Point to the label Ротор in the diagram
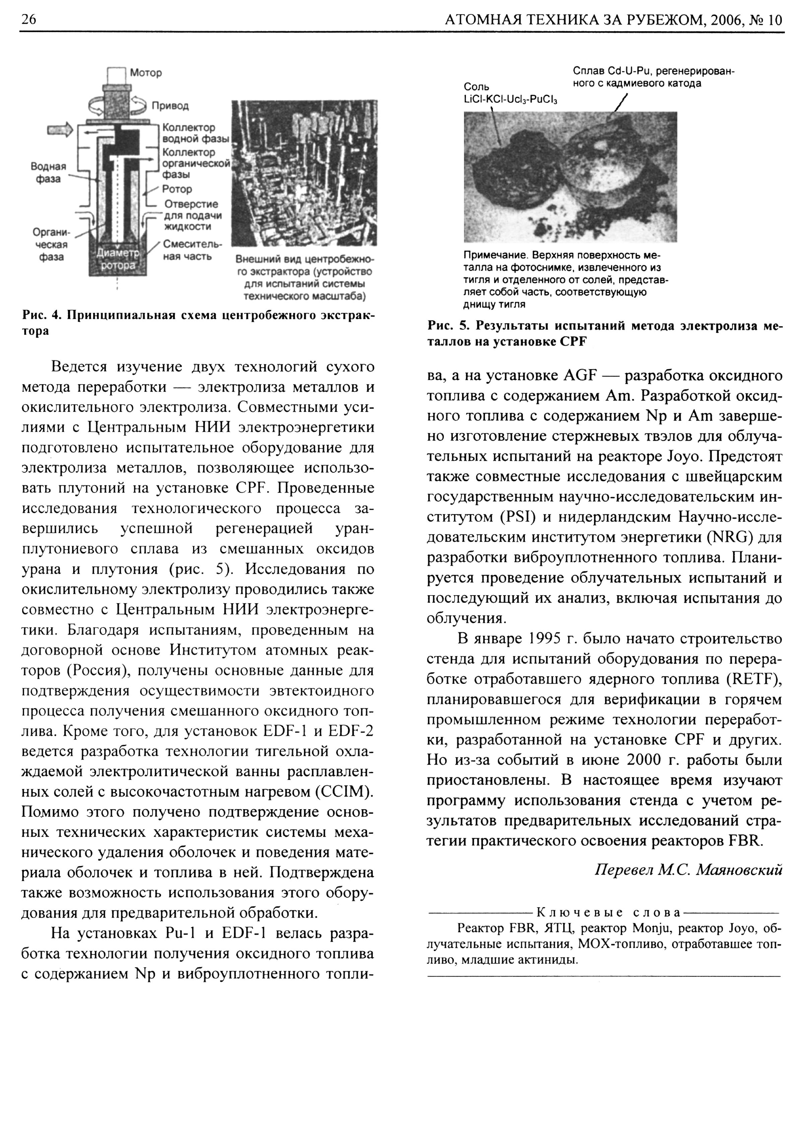click(x=177, y=189)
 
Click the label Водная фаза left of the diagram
click(x=48, y=172)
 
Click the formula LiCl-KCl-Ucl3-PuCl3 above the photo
click(x=510, y=99)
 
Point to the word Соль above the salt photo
click(x=476, y=87)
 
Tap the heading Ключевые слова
click(x=608, y=913)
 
